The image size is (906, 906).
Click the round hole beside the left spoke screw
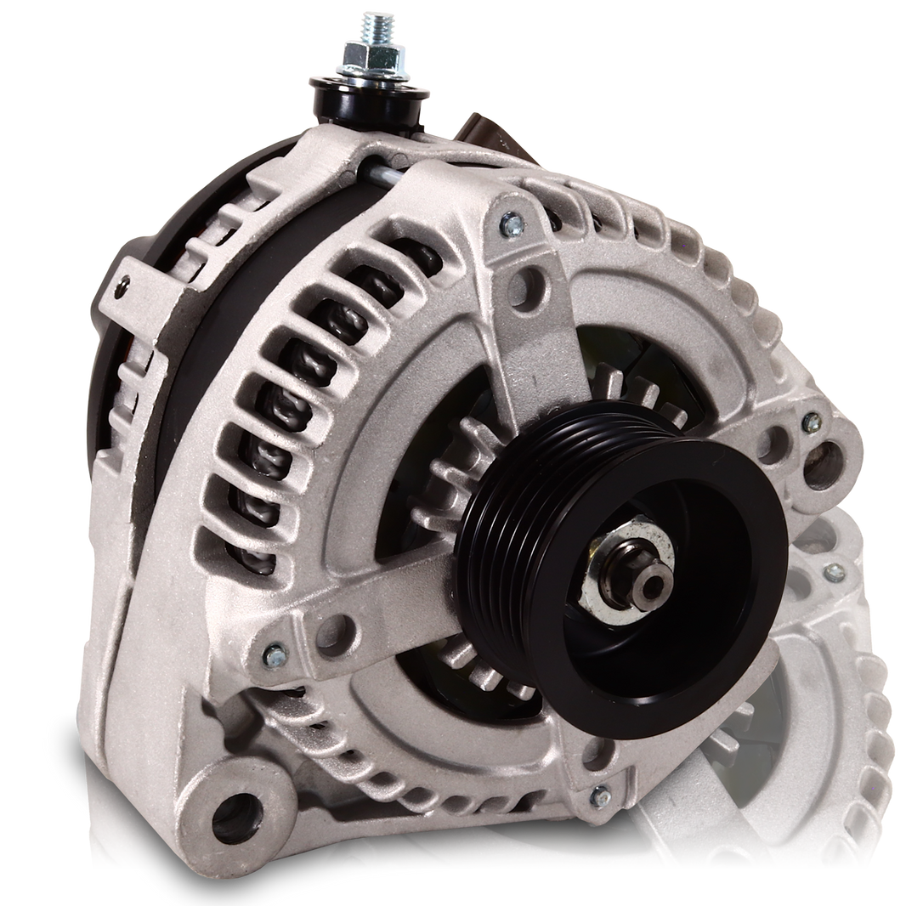(x=341, y=630)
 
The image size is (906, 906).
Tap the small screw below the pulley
(x=600, y=797)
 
